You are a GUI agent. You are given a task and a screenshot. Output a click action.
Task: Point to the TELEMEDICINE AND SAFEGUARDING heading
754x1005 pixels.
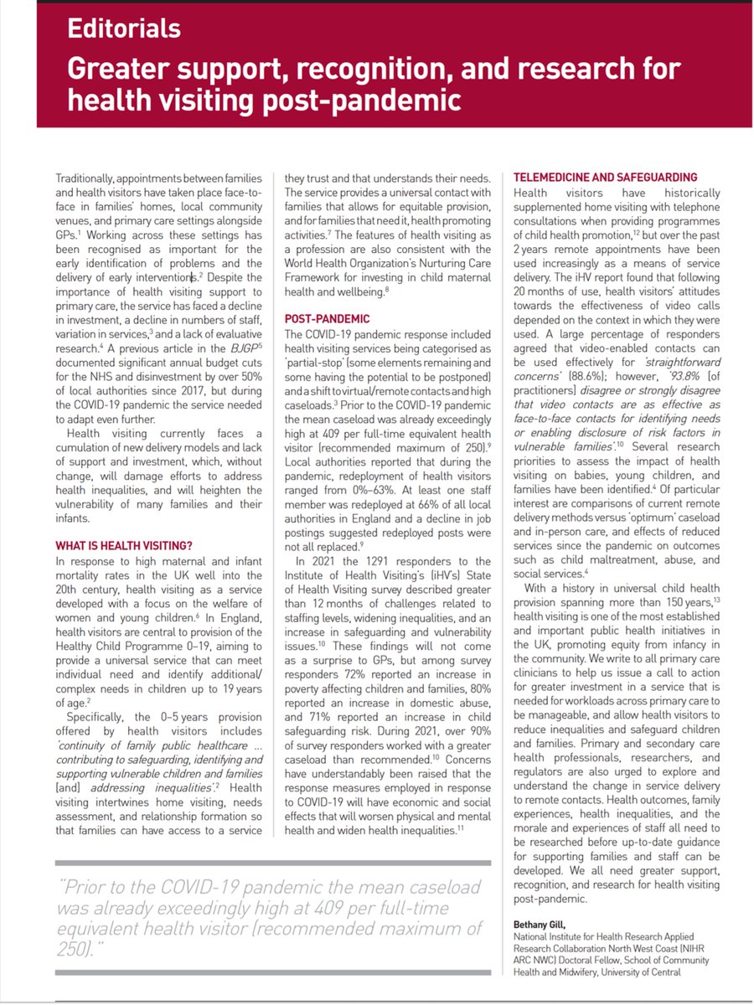tap(604, 178)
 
